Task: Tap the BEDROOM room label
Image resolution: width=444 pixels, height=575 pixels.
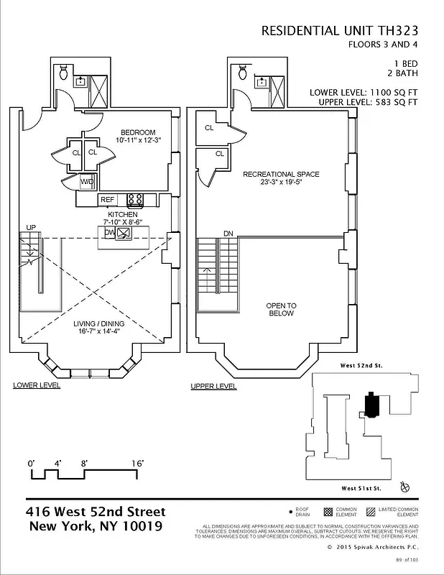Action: coord(138,132)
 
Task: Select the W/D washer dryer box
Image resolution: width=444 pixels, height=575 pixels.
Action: coord(88,182)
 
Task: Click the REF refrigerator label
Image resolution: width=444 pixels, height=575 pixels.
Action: coord(107,199)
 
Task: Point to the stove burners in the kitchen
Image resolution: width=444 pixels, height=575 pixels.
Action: coord(135,199)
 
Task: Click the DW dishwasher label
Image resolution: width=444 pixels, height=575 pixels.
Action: coord(109,232)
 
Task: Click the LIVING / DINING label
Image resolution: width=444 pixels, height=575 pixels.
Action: coord(98,323)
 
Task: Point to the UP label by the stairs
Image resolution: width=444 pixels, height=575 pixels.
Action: coord(30,228)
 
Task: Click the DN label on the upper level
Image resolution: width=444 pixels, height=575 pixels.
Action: coord(228,234)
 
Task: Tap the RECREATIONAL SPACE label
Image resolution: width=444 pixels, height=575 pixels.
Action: coord(281,174)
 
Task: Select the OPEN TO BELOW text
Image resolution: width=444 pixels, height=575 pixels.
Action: coord(282,310)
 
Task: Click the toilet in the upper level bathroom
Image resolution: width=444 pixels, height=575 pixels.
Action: coord(243,73)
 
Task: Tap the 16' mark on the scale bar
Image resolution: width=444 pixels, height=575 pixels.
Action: coord(137,464)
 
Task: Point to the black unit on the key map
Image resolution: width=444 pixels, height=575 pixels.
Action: coord(372,405)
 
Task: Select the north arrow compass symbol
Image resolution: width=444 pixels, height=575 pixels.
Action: coord(407,487)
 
